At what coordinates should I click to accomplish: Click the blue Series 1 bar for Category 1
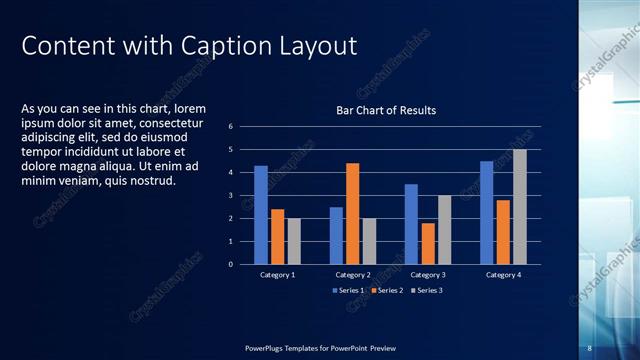tap(261, 215)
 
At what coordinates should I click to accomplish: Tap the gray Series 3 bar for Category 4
tap(520, 206)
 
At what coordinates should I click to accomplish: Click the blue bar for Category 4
tap(487, 212)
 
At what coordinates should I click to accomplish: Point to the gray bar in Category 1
tap(293, 241)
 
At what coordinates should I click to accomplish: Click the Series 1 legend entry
tap(349, 290)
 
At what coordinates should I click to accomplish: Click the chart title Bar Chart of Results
tap(385, 110)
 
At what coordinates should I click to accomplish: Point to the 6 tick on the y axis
tap(230, 127)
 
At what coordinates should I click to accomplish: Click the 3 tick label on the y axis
tap(230, 196)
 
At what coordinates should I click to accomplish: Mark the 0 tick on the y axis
tap(230, 265)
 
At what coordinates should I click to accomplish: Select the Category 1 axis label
tap(277, 274)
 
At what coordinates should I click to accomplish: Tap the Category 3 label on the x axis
tap(428, 274)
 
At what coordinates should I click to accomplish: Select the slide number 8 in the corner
tap(589, 347)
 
